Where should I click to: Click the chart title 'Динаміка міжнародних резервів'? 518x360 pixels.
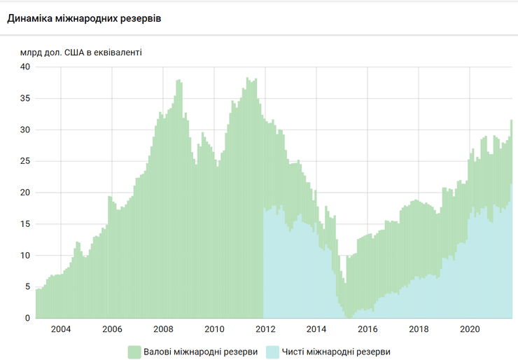tap(84, 18)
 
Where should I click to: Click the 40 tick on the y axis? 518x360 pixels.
tap(25, 67)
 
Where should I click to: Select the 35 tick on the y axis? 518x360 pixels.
tap(25, 99)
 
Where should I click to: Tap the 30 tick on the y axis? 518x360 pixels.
tap(25, 130)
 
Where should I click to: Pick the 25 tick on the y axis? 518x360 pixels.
tap(25, 162)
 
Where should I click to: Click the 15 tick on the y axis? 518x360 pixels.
tap(25, 224)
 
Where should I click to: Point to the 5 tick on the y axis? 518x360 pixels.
tap(27, 287)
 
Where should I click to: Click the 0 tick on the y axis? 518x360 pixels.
tap(27, 319)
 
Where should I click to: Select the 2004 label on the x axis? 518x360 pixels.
tap(61, 329)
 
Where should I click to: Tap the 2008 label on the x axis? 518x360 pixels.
tap(163, 329)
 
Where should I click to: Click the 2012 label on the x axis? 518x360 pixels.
tap(265, 329)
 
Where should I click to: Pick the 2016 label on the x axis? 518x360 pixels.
tap(367, 329)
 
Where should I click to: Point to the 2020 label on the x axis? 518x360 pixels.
tap(470, 329)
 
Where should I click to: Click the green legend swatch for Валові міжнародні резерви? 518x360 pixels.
tap(134, 352)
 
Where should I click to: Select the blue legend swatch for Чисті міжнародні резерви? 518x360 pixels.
tap(272, 352)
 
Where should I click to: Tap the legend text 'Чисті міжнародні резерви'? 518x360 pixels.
tap(336, 352)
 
